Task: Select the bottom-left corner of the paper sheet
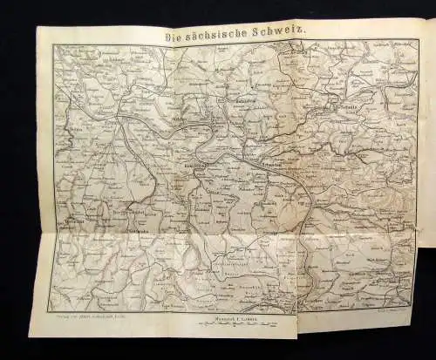pyautogui.click(x=30, y=336)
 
